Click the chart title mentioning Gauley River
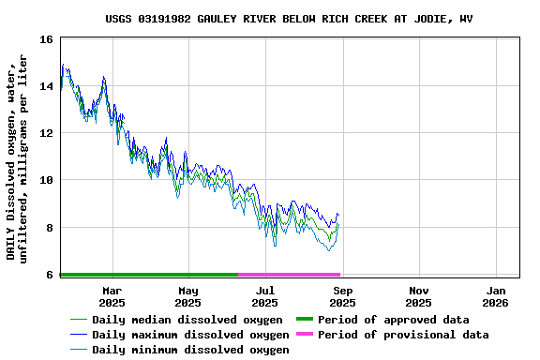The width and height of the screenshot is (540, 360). point(289,18)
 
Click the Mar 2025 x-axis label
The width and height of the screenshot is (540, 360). point(112,296)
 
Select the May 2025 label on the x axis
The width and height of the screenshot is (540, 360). point(188,296)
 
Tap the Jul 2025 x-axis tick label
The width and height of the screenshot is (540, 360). point(265,296)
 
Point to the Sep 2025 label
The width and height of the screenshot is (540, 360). point(342,296)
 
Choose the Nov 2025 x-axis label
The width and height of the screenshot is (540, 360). point(419,296)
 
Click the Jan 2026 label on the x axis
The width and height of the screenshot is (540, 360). point(496,296)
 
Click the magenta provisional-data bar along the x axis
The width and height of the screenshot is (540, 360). point(289,275)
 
